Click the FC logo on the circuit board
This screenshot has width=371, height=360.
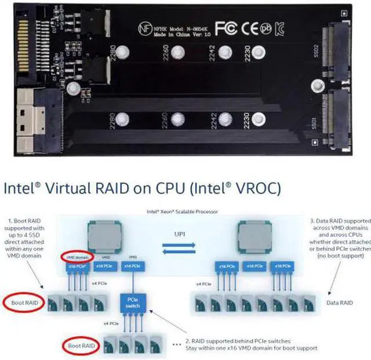tap(224, 28)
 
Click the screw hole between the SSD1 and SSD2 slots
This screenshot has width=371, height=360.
tap(316, 87)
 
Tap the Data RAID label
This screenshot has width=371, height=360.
tap(339, 303)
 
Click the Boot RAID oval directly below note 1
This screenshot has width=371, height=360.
tap(23, 303)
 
